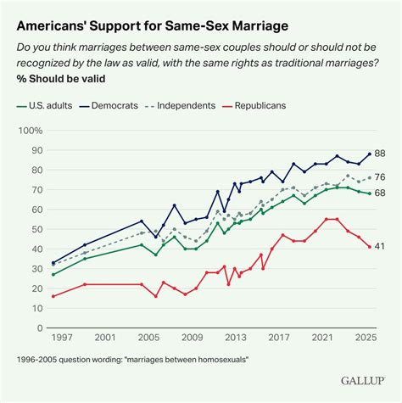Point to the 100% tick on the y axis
[x=30, y=131]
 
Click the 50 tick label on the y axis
[x=35, y=229]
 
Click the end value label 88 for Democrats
[x=380, y=154]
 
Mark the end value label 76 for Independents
[x=380, y=177]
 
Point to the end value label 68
[x=380, y=193]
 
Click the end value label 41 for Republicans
[x=380, y=247]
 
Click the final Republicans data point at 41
[x=368, y=247]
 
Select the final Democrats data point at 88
[x=368, y=154]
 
